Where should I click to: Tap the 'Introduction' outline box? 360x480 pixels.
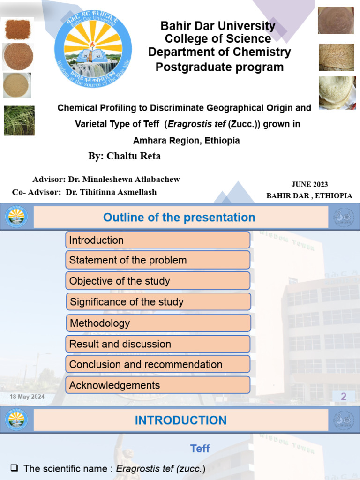click(157, 240)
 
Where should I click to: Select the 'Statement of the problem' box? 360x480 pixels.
click(157, 260)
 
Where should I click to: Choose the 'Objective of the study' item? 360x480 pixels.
click(157, 281)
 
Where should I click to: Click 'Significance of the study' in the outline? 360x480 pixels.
click(157, 302)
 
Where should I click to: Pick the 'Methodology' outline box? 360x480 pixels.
click(157, 323)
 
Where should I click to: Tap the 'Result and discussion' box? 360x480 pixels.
click(157, 344)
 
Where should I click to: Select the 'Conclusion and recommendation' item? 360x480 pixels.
click(157, 365)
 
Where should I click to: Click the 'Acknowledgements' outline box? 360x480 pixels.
click(157, 385)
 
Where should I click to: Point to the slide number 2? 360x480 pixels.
click(344, 397)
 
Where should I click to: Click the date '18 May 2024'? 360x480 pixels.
click(27, 397)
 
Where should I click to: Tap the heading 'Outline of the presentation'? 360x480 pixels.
click(179, 217)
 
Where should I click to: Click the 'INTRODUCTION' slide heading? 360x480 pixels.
click(180, 420)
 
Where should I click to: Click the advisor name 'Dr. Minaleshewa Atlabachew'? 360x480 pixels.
click(124, 180)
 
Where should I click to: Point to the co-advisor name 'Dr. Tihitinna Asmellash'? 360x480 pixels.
click(111, 192)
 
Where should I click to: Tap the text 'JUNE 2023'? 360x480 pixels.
click(309, 184)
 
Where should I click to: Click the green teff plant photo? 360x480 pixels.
click(19, 120)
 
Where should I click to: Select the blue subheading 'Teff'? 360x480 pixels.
click(200, 449)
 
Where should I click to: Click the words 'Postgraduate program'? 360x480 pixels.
click(219, 67)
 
